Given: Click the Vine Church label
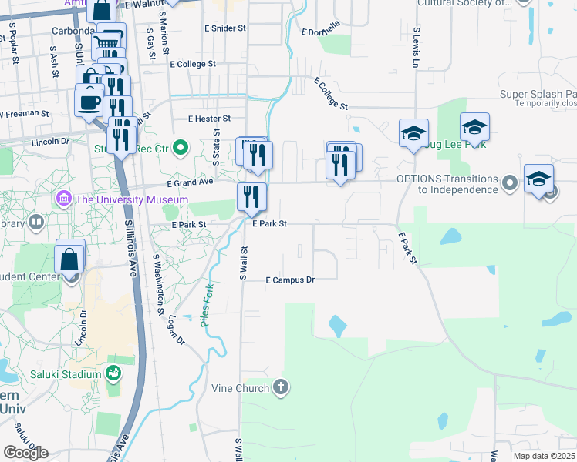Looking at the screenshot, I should point(241,388).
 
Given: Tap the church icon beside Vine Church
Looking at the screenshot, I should point(281,387).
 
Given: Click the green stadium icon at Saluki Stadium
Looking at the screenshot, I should point(113,374).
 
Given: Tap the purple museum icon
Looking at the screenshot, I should point(63,199).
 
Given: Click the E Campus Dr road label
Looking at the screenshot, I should point(290,280).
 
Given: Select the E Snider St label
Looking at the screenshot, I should point(225,28).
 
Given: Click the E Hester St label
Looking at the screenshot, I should point(210,119).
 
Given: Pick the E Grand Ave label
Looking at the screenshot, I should point(190,182).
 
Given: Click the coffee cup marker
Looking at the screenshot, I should point(89,102).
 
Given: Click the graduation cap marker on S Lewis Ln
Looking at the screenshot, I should point(413,134).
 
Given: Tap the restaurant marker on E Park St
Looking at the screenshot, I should point(251,197).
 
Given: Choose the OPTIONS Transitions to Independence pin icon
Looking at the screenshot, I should point(509,184).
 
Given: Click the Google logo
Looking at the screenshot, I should point(25,453).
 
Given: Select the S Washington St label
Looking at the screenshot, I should point(158,285).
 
